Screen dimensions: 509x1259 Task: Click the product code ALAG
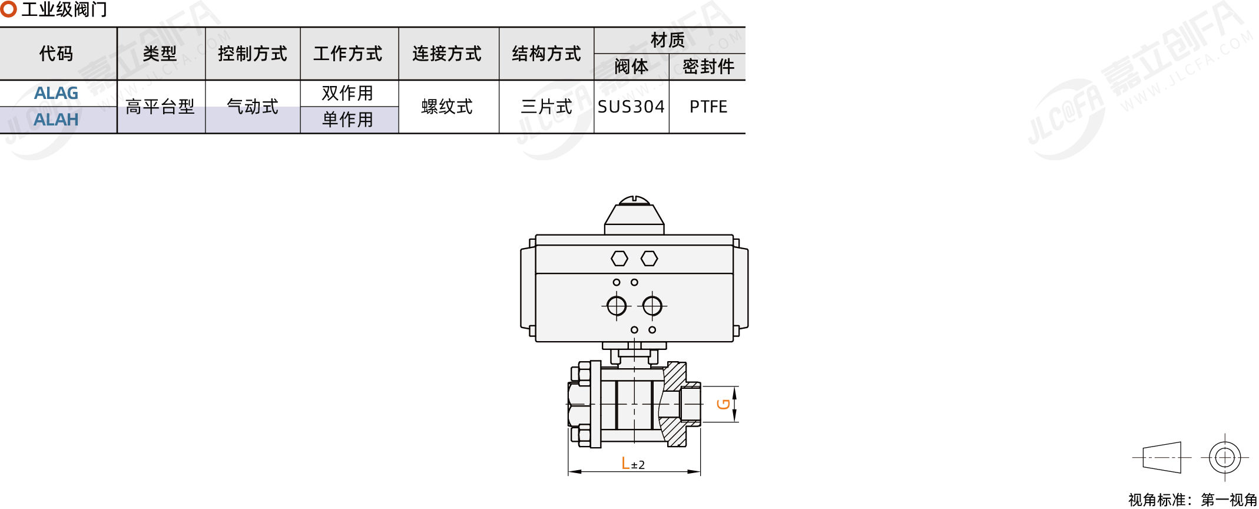point(56,93)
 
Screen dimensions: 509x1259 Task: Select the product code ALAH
point(56,120)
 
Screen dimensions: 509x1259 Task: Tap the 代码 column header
point(56,54)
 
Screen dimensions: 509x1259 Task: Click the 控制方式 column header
point(252,54)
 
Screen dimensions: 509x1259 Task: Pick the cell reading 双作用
point(347,93)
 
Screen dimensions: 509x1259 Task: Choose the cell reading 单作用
point(347,120)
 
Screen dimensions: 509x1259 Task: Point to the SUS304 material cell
point(631,107)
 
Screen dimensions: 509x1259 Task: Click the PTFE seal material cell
point(708,107)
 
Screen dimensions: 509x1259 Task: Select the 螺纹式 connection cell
point(447,107)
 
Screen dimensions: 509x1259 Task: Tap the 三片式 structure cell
point(546,107)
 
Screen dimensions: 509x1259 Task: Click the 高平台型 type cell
point(160,107)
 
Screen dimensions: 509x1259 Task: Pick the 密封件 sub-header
point(708,67)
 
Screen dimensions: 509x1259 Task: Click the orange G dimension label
point(724,404)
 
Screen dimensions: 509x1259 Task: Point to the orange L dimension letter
point(625,464)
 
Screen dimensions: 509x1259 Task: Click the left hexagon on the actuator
point(619,258)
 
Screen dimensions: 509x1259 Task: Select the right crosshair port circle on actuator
point(652,306)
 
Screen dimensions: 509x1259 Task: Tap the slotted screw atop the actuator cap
point(634,200)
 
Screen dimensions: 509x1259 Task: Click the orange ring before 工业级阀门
point(8,9)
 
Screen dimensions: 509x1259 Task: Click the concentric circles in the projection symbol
point(1225,457)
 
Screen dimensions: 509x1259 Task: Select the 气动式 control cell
point(252,107)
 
